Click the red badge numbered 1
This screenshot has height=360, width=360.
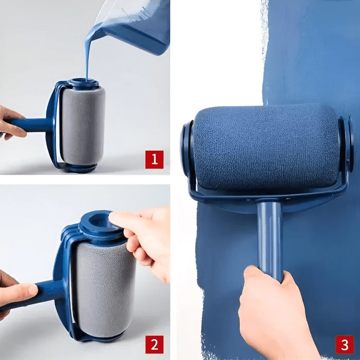click(154, 159)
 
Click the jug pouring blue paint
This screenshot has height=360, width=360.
click(136, 26)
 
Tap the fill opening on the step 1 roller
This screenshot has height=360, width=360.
click(83, 82)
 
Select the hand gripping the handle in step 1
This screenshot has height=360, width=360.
click(10, 122)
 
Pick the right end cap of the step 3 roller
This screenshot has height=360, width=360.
click(346, 144)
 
